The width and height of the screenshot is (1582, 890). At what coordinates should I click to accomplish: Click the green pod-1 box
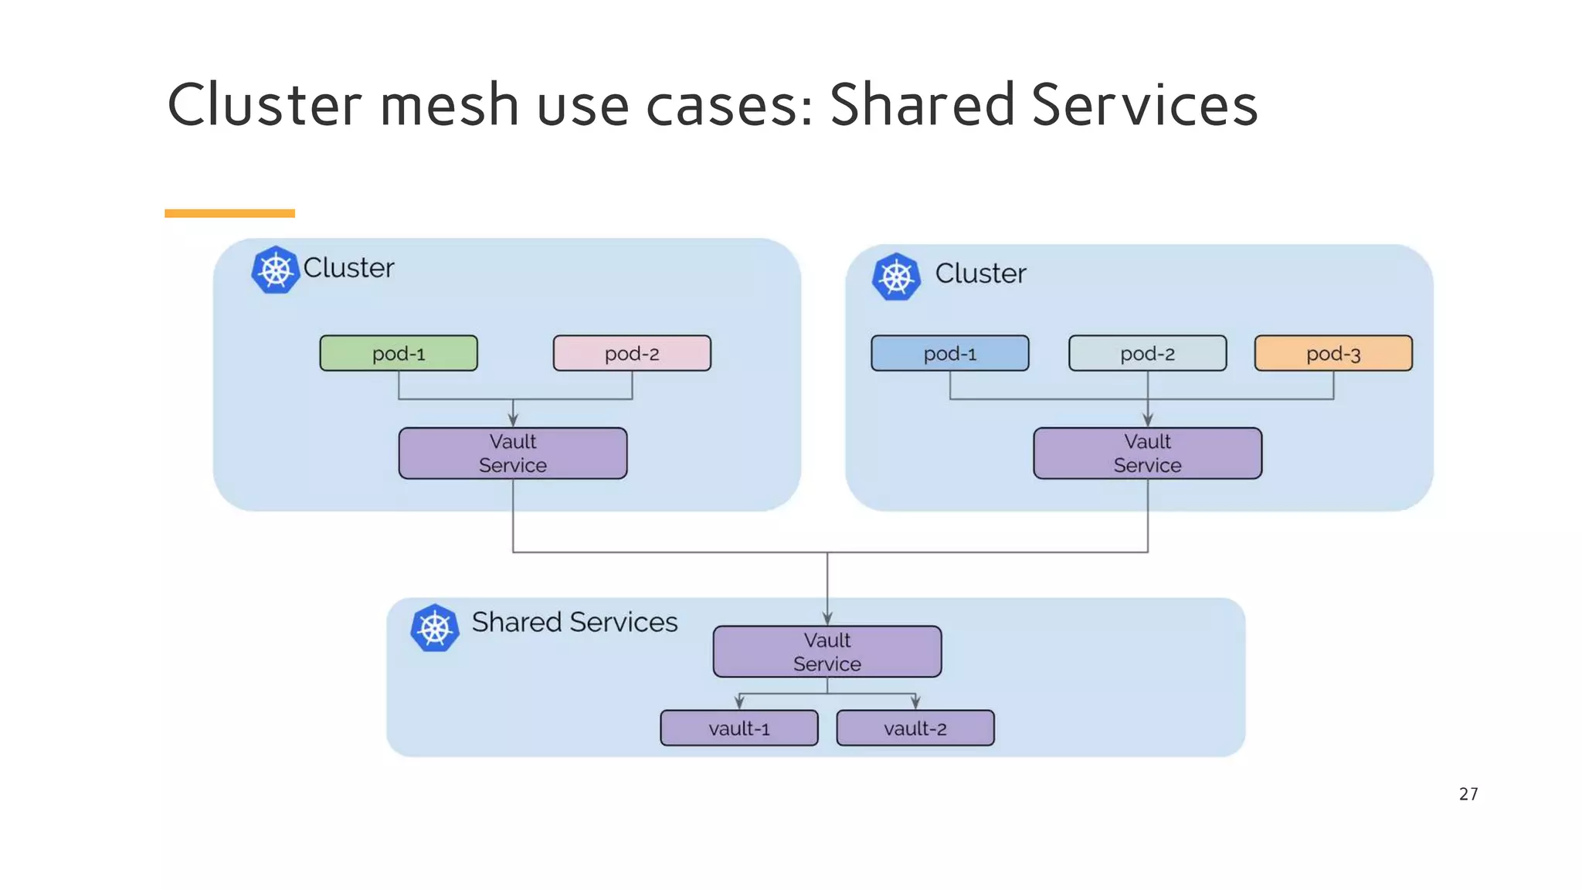click(399, 353)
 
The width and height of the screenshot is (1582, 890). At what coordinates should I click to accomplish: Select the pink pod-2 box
click(632, 353)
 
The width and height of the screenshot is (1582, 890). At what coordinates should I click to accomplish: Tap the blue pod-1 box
click(949, 353)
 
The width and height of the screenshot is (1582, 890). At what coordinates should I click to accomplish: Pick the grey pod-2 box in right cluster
click(1147, 353)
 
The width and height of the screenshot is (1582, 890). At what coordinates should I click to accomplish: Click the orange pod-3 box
click(1333, 353)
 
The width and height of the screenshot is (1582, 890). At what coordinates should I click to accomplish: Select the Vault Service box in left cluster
click(513, 453)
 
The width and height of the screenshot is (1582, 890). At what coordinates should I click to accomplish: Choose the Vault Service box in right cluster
click(1147, 453)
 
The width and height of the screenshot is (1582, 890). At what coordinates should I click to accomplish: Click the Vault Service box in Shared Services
click(827, 651)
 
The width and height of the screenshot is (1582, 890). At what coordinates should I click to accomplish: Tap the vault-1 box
click(739, 728)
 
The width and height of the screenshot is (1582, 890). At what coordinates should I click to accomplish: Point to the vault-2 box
click(915, 728)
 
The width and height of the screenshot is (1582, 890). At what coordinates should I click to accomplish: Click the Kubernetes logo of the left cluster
click(275, 270)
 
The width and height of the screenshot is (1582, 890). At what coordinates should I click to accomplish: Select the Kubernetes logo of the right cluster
click(896, 277)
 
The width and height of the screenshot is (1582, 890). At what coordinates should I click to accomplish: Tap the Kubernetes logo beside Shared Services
click(435, 627)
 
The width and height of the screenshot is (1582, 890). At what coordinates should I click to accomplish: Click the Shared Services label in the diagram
click(575, 622)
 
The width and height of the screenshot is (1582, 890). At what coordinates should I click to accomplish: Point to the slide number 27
click(1468, 793)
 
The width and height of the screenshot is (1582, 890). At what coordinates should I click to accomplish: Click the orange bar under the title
click(229, 213)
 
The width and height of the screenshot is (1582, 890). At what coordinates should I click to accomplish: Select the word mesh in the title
click(450, 105)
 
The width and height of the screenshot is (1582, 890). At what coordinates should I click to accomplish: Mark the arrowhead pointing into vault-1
click(739, 703)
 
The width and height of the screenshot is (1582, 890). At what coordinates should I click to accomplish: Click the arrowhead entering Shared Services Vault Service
click(827, 619)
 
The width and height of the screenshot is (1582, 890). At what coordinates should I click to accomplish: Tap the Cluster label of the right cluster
click(980, 273)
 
